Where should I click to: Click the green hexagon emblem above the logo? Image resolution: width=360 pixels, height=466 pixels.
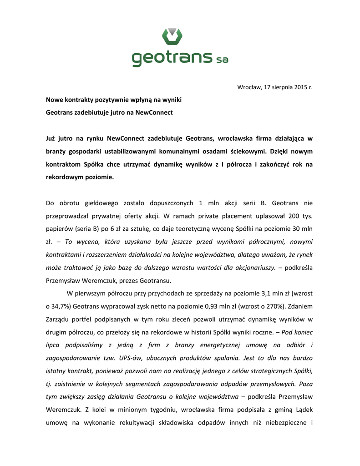pyautogui.click(x=172, y=35)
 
